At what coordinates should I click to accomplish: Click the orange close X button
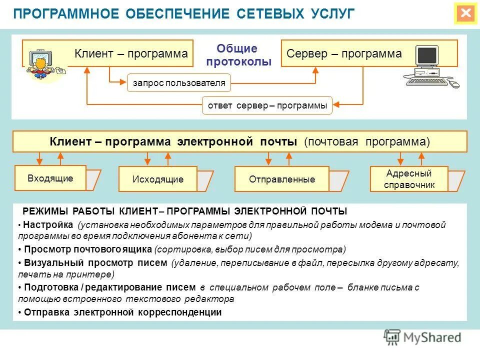(466, 13)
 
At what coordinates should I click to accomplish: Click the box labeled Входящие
(50, 178)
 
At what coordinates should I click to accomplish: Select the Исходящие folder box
(158, 179)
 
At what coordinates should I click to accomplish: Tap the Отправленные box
(282, 179)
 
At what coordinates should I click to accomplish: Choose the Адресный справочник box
(409, 179)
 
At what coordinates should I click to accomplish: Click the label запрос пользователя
(179, 83)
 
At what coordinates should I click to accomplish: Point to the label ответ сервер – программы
(267, 105)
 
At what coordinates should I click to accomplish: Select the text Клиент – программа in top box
(131, 54)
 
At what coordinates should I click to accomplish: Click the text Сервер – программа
(344, 54)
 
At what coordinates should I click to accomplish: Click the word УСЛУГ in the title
(331, 13)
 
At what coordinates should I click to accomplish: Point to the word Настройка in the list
(47, 225)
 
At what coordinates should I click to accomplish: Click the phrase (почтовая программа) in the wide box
(367, 141)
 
